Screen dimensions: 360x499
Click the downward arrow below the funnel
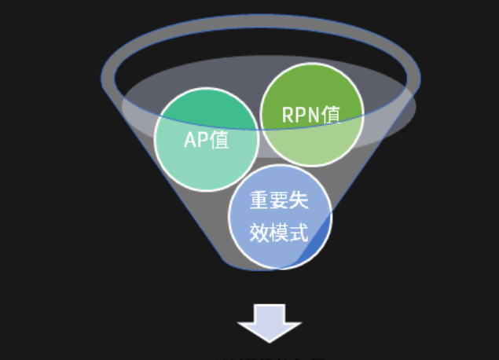point(270,322)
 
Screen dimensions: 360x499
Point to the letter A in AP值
point(189,139)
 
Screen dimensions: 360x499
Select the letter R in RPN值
point(288,115)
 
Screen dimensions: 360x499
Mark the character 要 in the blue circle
point(280,200)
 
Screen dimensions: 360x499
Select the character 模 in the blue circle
point(280,232)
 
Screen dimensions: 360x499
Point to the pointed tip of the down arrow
point(270,340)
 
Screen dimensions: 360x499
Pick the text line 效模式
point(280,232)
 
